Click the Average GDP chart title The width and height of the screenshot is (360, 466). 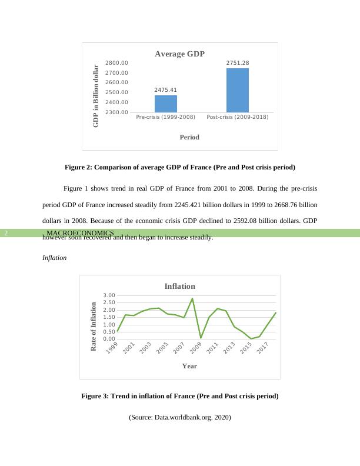[179, 54]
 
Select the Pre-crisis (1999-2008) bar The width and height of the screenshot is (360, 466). [166, 104]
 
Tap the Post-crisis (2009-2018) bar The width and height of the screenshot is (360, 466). [238, 90]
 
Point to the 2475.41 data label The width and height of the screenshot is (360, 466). [166, 90]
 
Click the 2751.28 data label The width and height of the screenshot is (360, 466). [238, 63]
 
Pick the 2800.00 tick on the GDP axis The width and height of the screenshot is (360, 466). [116, 63]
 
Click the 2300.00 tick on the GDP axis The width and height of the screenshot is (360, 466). [116, 112]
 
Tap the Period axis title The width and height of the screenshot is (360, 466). [189, 137]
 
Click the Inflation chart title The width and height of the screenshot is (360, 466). [179, 287]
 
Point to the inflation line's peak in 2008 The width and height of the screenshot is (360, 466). [192, 299]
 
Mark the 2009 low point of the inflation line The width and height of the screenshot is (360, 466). [201, 338]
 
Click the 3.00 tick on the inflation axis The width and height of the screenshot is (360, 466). [109, 295]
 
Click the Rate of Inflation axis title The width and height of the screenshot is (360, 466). [94, 327]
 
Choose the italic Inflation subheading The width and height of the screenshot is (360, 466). [55, 258]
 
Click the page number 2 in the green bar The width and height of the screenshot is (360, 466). [6, 233]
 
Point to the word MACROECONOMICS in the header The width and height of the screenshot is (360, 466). [80, 233]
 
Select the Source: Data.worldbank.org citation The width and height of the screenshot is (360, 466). [180, 417]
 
